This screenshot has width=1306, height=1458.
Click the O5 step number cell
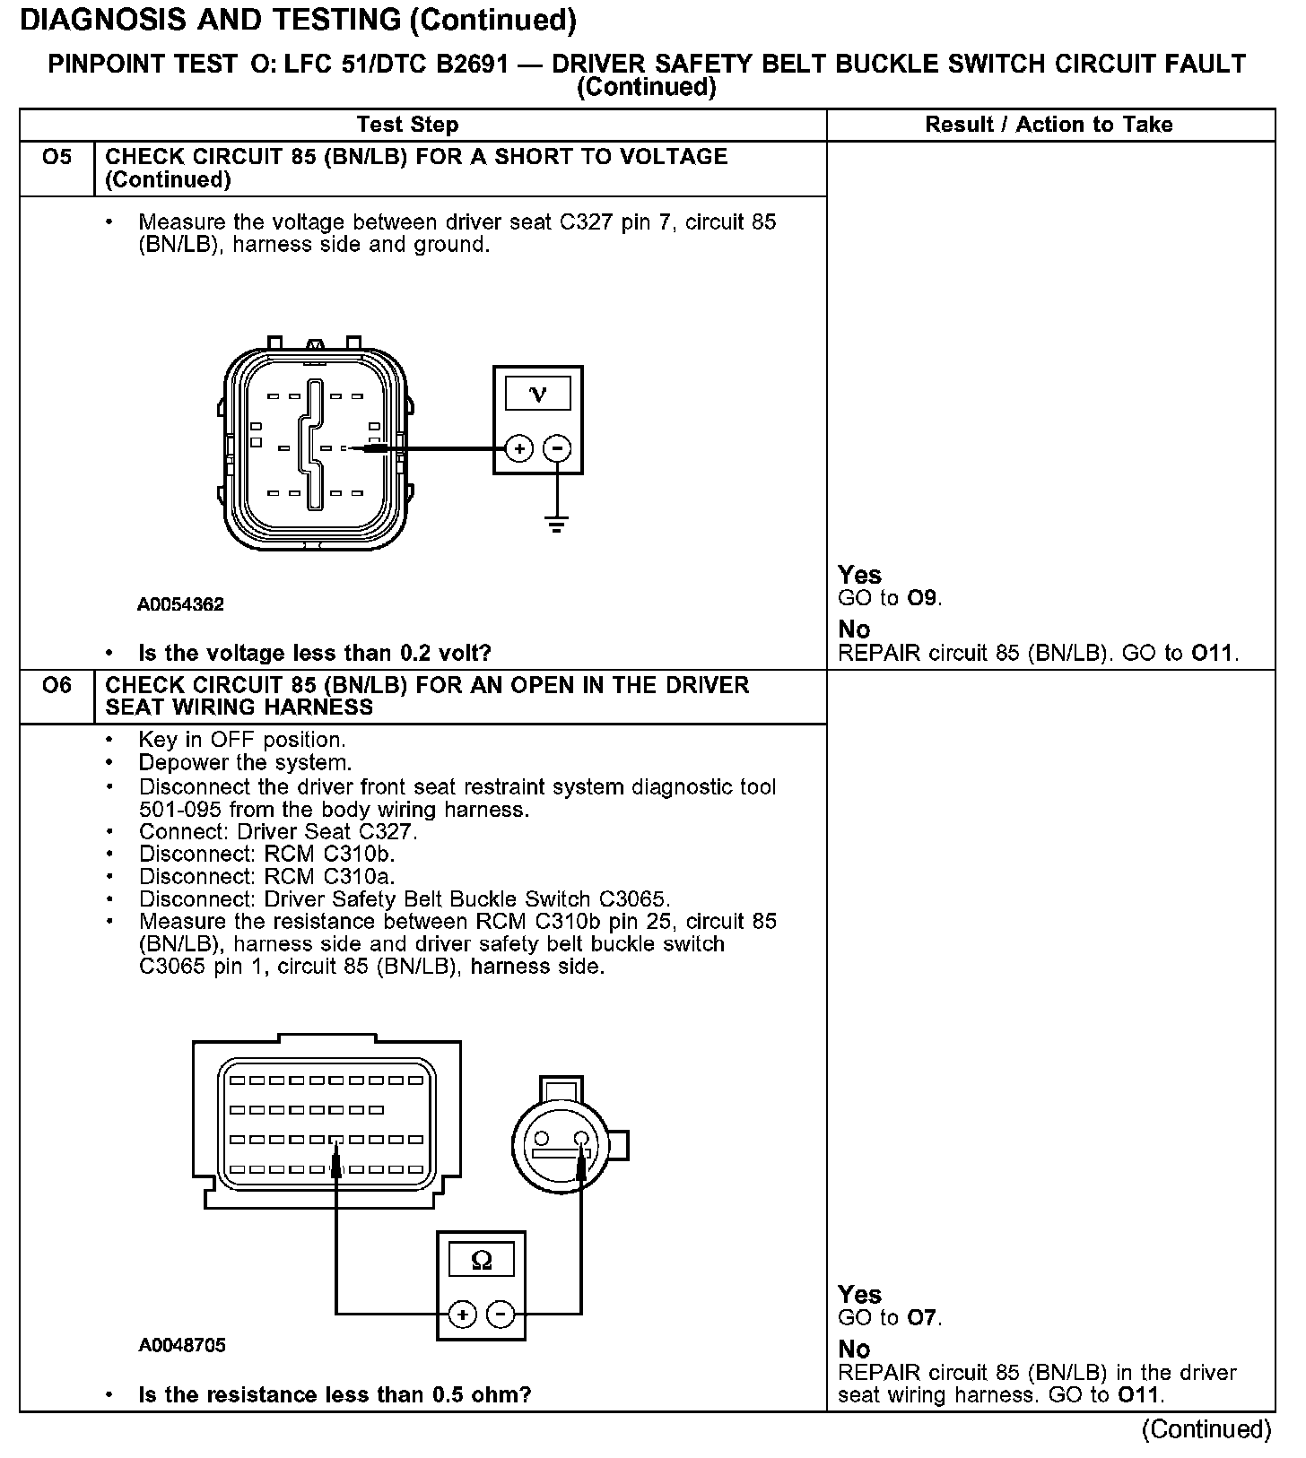(x=57, y=158)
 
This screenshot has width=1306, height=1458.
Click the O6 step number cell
(x=57, y=686)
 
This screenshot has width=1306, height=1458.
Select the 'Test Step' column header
(x=407, y=125)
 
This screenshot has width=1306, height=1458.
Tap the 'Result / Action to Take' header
(x=1049, y=125)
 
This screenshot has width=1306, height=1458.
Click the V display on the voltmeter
(x=538, y=394)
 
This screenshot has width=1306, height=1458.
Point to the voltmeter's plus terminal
(x=519, y=447)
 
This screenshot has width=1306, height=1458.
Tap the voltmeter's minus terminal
(x=558, y=447)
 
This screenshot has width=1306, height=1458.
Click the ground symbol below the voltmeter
(x=557, y=524)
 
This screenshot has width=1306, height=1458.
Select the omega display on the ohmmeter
(x=482, y=1261)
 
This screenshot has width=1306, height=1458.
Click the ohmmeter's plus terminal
(x=462, y=1315)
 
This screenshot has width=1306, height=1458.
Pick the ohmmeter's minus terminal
(x=501, y=1315)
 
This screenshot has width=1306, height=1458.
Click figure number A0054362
(x=180, y=604)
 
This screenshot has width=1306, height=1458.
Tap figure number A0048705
(x=182, y=1345)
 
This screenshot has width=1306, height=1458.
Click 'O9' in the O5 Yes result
(x=924, y=598)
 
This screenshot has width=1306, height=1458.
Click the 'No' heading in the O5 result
(x=854, y=629)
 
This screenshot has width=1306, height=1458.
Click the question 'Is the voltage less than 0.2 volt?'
(x=315, y=653)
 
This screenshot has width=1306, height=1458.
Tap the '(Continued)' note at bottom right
(x=1206, y=1429)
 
